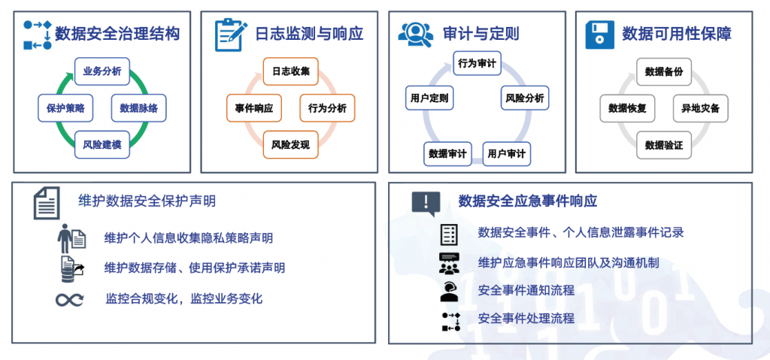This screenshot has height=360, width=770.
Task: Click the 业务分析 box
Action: [102, 71]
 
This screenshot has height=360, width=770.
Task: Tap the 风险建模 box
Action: [102, 144]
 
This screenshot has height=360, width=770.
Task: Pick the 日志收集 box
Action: [291, 71]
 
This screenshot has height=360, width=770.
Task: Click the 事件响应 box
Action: [254, 108]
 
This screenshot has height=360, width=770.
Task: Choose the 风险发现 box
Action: [291, 144]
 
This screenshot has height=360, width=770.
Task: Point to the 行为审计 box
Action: [477, 63]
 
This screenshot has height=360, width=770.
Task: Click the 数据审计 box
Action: [447, 154]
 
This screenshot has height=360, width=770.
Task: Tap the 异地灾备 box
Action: [700, 108]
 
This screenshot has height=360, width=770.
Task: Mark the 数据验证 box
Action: [664, 144]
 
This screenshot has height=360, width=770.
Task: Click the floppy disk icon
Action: [599, 35]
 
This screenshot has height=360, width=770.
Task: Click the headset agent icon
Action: [449, 291]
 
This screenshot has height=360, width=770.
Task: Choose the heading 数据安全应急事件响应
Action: [527, 201]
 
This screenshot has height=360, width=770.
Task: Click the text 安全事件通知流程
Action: [526, 290]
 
